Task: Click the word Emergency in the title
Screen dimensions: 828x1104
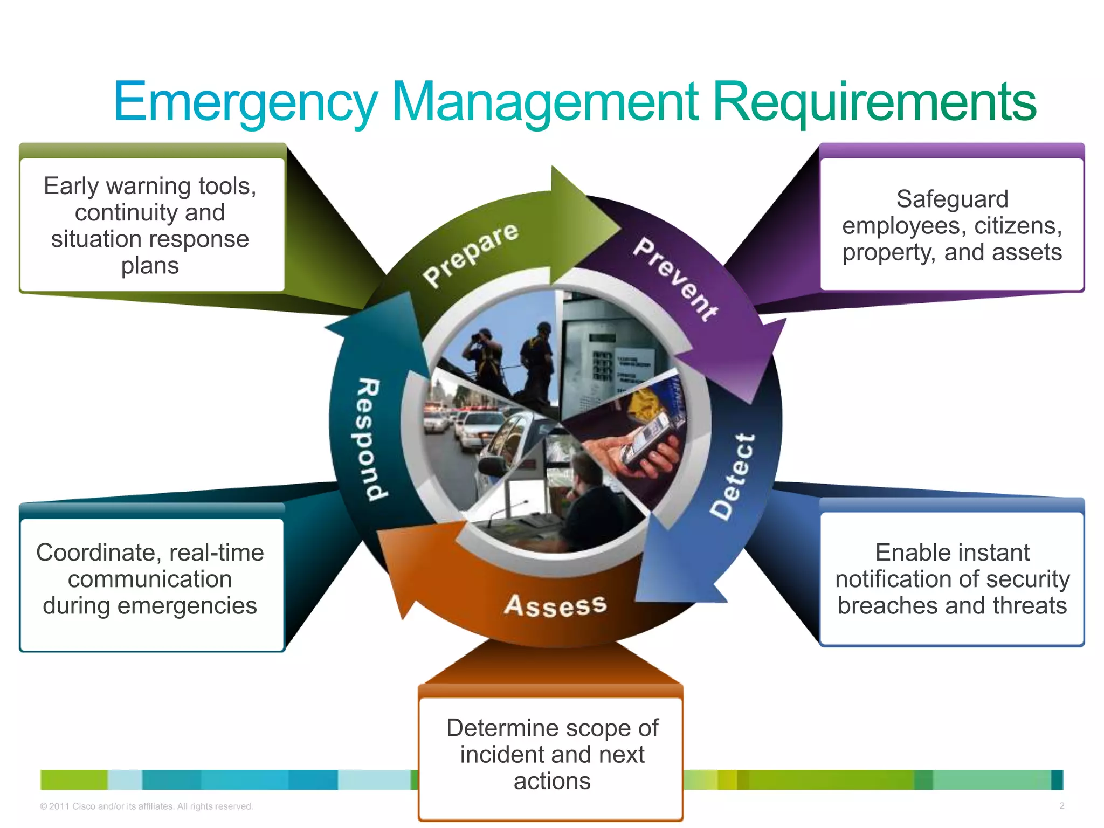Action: (x=245, y=102)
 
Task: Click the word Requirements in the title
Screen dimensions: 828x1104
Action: (x=874, y=102)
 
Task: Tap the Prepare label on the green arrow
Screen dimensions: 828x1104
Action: (x=470, y=254)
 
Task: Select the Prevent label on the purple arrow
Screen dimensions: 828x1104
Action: (x=675, y=279)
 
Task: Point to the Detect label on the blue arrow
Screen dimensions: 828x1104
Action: (x=733, y=477)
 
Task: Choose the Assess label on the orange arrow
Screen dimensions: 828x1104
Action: (x=555, y=606)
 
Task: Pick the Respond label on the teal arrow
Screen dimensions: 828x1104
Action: (x=372, y=439)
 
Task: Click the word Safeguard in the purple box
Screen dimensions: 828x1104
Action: (x=952, y=199)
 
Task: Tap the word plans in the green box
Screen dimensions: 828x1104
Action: (x=150, y=266)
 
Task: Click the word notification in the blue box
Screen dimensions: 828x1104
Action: (x=895, y=579)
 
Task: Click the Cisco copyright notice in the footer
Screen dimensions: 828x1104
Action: (x=146, y=806)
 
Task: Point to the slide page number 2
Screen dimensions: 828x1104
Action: (x=1061, y=806)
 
